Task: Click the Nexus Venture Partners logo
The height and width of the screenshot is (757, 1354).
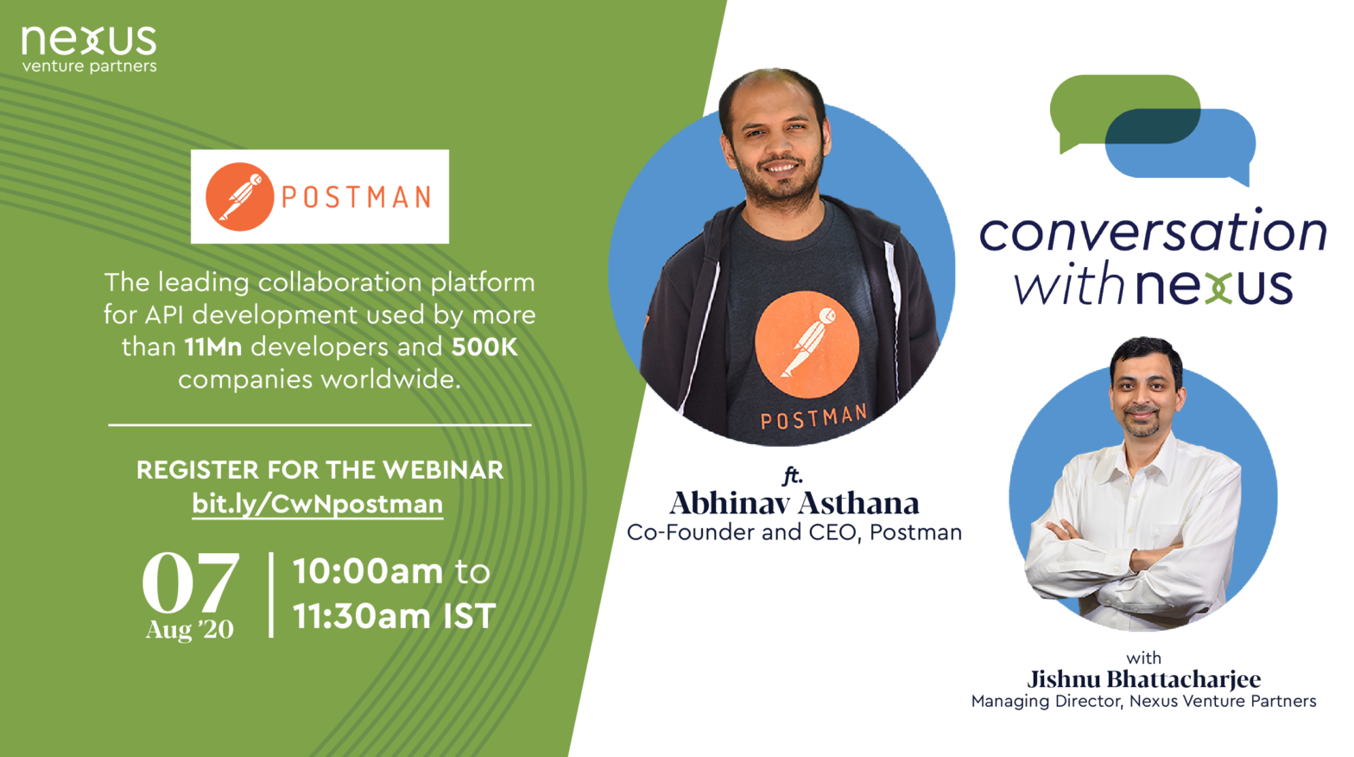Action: tap(89, 49)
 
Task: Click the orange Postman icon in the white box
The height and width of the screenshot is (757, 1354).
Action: tap(239, 197)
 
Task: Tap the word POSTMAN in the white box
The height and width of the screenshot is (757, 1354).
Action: tap(357, 197)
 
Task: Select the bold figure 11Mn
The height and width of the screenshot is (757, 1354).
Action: tap(213, 347)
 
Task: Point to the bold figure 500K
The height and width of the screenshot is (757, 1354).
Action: tap(484, 347)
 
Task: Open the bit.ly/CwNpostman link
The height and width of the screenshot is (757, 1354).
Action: tap(318, 504)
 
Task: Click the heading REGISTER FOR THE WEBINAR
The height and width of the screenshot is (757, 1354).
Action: tap(320, 470)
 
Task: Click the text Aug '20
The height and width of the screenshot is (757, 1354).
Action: tap(189, 630)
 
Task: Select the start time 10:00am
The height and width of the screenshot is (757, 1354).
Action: tap(368, 571)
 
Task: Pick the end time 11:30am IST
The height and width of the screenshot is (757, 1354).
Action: tap(394, 616)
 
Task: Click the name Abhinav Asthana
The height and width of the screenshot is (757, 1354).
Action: tap(794, 503)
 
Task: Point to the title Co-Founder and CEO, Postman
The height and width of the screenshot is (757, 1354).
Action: tap(794, 532)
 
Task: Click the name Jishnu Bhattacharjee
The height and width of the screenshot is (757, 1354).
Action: tap(1143, 679)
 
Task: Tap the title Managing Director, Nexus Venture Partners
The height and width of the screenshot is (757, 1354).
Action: tap(1143, 702)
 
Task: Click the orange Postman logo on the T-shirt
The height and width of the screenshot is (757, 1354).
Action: tap(807, 344)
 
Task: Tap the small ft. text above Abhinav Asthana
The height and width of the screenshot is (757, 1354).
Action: tap(793, 476)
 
